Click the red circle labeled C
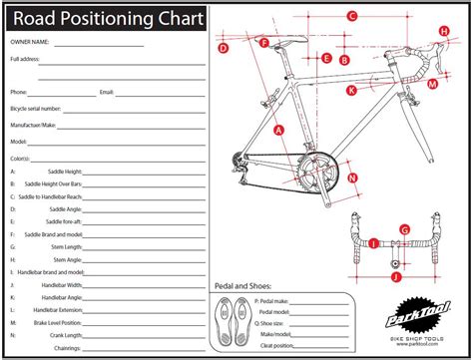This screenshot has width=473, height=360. [352, 16]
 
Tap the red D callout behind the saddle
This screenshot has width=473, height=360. [223, 48]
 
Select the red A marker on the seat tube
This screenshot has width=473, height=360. [279, 129]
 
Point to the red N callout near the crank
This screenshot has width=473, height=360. [352, 179]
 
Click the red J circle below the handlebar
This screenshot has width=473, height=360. [396, 263]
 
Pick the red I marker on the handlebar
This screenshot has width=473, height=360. [373, 242]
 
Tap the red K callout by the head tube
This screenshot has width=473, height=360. [351, 90]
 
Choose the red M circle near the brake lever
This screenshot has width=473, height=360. [431, 85]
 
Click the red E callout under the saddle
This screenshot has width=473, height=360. [327, 59]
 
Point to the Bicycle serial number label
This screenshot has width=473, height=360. [36, 108]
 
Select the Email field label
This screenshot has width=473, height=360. [107, 92]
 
